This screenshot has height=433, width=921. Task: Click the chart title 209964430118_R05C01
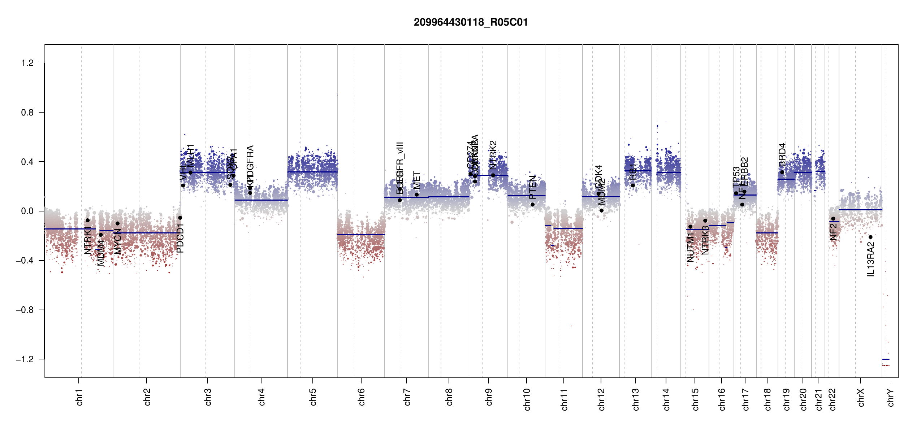471,22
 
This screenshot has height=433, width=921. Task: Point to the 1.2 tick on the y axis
27,63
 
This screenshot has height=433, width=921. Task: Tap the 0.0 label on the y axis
27,211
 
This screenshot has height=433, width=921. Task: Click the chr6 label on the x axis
362,397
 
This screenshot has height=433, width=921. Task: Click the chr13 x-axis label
636,399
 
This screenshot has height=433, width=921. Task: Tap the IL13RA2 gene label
871,259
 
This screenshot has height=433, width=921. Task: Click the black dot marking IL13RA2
870,237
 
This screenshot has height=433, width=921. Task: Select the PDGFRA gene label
250,162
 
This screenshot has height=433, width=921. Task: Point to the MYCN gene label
118,241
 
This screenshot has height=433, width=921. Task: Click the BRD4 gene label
782,155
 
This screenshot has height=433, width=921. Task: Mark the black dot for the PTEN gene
532,205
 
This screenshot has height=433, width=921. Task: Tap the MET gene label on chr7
417,180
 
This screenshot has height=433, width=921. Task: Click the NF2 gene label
833,232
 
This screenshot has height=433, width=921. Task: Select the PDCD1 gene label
180,238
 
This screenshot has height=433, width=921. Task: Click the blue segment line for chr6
361,235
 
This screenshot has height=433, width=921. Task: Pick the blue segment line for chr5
312,172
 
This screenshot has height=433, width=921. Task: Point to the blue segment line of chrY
886,359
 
